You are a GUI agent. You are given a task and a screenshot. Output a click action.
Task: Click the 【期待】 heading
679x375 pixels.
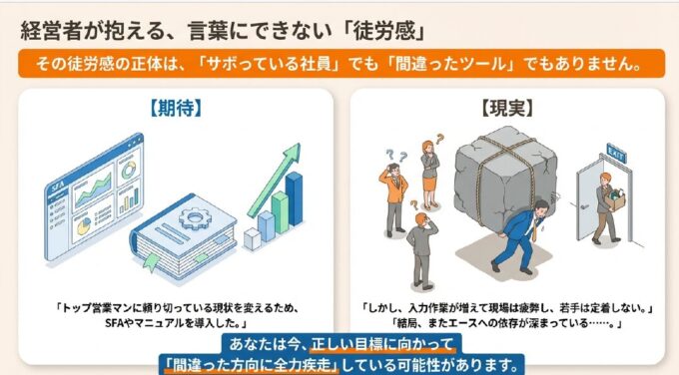(x=176, y=108)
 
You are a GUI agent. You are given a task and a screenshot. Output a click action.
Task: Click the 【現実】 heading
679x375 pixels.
(x=507, y=108)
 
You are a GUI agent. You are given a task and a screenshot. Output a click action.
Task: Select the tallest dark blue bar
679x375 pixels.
(x=294, y=198)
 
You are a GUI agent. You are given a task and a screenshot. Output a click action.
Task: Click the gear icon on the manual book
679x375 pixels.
(x=192, y=218)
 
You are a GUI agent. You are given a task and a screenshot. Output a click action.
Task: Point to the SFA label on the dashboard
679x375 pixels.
(x=58, y=187)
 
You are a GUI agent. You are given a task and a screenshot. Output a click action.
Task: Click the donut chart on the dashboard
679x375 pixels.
(x=129, y=170)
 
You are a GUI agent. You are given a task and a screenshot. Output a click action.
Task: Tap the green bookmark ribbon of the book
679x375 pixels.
(x=151, y=262)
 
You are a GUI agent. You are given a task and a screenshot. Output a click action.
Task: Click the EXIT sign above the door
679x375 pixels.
(x=616, y=153)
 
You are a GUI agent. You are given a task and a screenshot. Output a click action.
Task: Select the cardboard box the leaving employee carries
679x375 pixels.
(x=615, y=200)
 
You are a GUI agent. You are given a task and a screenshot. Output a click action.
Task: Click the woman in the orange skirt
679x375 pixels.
(x=429, y=176)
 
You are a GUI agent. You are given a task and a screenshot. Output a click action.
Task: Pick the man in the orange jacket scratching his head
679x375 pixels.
(x=394, y=199)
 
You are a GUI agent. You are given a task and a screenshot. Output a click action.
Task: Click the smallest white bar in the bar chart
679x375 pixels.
(x=252, y=239)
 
